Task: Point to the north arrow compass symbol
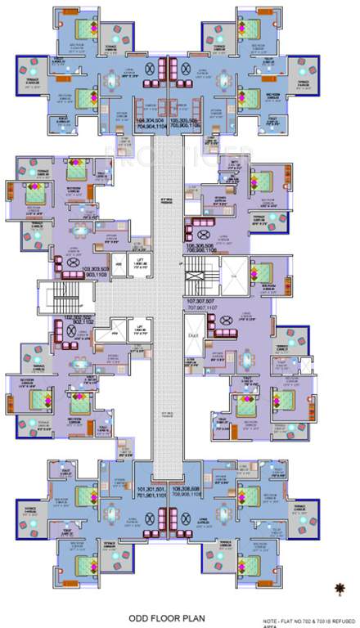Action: point(338,585)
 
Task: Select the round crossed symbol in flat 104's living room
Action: point(149,69)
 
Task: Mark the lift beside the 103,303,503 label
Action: point(140,263)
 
